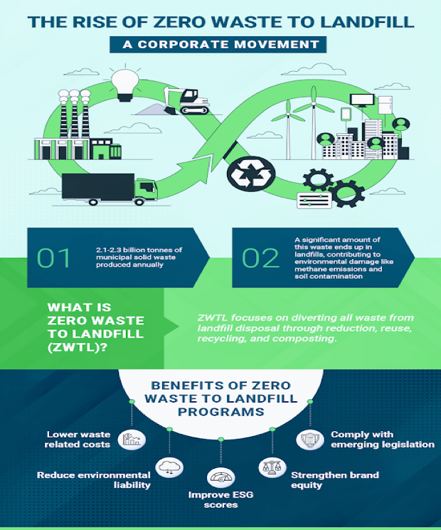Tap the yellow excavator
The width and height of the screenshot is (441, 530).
point(186,100)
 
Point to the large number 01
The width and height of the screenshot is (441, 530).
point(55,258)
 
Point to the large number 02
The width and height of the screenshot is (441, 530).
point(260,258)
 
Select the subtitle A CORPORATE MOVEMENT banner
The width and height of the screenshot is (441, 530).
point(220,45)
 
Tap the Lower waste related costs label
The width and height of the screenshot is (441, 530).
point(79,439)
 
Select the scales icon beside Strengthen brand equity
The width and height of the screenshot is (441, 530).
point(270,468)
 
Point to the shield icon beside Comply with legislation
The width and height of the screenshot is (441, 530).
point(307,439)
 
